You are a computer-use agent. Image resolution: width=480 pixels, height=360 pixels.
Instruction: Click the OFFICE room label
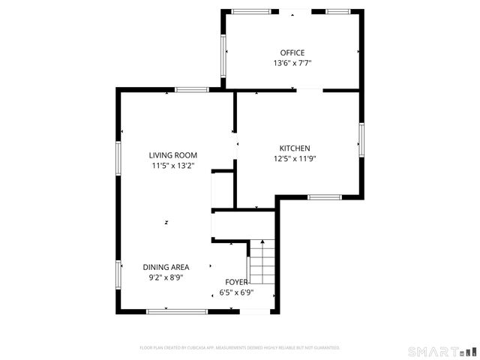point(292,52)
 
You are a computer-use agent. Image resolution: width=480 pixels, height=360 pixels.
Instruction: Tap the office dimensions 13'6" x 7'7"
point(292,64)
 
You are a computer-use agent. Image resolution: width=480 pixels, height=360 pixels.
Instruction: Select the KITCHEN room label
point(295,148)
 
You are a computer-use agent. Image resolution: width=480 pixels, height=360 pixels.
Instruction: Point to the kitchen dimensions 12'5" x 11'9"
point(295,159)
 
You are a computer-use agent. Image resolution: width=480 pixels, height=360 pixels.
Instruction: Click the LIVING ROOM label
point(172,155)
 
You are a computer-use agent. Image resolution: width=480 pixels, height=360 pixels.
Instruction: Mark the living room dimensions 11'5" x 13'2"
point(172,166)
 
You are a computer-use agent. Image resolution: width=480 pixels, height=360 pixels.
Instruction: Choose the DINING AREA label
point(166,267)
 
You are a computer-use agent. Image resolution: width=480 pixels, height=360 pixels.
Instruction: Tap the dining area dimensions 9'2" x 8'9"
point(166,277)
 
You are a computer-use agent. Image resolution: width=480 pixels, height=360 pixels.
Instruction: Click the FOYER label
point(237,282)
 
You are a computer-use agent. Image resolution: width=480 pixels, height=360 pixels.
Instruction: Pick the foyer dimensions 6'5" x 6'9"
point(236,292)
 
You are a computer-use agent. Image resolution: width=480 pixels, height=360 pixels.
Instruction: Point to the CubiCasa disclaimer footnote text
point(240,348)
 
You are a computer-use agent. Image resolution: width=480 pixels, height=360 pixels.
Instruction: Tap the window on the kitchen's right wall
point(361,139)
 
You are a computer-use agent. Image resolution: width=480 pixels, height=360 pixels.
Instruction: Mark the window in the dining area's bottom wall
point(177,311)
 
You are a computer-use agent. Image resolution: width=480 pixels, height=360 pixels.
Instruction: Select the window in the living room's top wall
point(191,90)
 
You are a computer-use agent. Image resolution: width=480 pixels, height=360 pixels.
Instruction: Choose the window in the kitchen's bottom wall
point(325,197)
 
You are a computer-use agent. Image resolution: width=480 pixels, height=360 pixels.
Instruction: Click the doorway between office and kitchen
point(309,91)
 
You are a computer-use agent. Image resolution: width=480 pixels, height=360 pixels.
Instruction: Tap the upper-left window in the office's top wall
point(250,11)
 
